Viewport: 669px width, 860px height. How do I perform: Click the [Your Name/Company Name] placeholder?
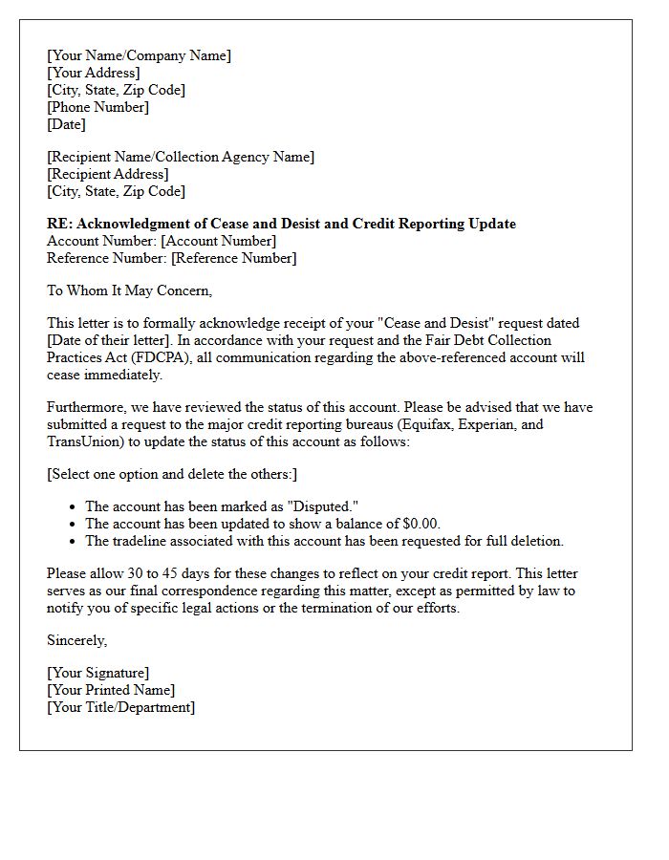tap(139, 55)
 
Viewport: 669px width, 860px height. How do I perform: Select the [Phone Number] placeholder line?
tap(97, 107)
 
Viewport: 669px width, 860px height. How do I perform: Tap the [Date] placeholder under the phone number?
tap(66, 124)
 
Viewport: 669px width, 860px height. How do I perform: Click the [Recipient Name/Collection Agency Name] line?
tap(181, 157)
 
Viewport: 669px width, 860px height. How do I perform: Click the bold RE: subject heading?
tap(281, 224)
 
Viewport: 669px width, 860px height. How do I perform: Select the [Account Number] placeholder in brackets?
tap(218, 241)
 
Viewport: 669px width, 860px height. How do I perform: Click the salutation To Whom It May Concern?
tap(129, 290)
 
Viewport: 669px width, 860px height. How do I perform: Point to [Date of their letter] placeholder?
tap(111, 340)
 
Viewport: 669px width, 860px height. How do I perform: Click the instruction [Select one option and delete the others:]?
tap(172, 474)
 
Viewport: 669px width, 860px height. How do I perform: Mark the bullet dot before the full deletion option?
tap(74, 542)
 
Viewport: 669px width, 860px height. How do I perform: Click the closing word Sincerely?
tap(76, 640)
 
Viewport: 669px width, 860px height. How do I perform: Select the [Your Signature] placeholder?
tap(97, 673)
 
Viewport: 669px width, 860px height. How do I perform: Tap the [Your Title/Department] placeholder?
tap(120, 707)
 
